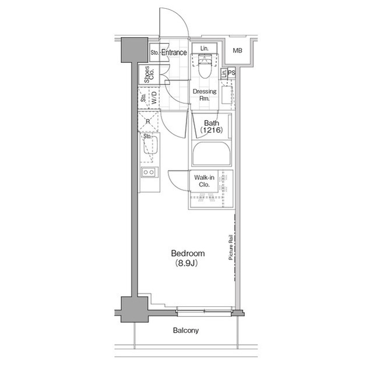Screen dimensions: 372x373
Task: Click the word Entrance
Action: pos(174,53)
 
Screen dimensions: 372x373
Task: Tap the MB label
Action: pos(238,51)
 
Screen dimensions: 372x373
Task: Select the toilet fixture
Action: pos(205,65)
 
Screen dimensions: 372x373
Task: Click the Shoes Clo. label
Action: pos(149,75)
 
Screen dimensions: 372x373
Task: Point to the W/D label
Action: pos(154,98)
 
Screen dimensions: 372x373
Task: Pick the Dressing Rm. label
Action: pos(204,95)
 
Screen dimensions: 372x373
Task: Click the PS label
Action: pos(231,73)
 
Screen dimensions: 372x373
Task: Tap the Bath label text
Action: pos(210,123)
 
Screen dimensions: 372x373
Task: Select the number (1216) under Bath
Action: pos(211,132)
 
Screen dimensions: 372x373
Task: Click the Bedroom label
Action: pos(187,253)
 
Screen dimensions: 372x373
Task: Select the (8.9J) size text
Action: pos(187,263)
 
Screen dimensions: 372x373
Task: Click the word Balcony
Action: pos(186,331)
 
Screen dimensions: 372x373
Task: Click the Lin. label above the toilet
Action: pos(204,48)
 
